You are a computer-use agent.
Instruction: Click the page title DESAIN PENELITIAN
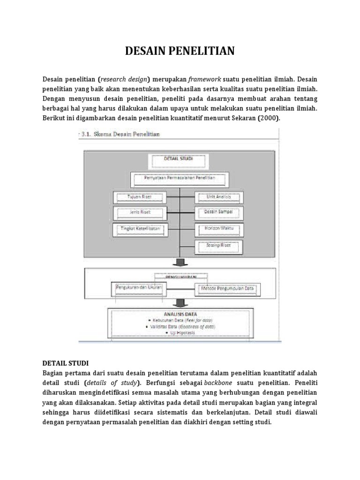point(180,51)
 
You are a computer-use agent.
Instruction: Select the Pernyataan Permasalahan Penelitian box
point(180,179)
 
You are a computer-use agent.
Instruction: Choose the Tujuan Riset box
point(139,197)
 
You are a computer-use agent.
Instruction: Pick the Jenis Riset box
point(139,212)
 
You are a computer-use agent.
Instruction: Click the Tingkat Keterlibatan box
point(139,228)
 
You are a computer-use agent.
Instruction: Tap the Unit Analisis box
point(218,197)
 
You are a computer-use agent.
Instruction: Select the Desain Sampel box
point(218,212)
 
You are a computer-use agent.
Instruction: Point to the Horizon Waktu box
point(218,228)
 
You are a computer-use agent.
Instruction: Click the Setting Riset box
point(218,245)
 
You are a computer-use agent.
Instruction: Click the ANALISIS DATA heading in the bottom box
point(180,314)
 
